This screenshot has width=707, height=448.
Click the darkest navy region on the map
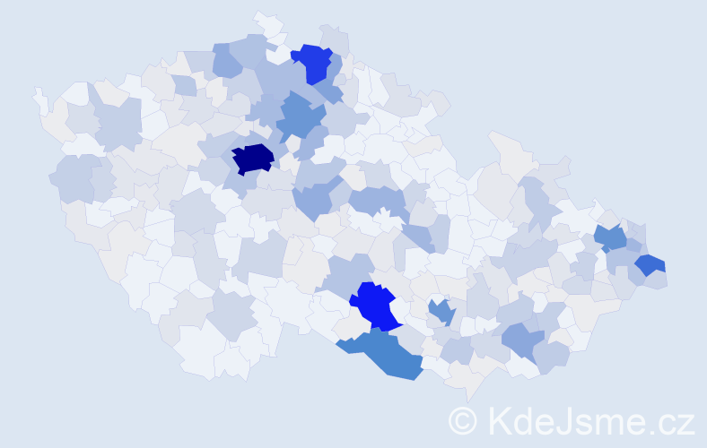[253, 159]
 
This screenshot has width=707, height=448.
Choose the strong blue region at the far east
[650, 264]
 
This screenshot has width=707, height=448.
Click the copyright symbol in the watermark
[463, 420]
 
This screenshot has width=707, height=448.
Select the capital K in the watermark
[499, 420]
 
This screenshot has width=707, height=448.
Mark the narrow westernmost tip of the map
[38, 92]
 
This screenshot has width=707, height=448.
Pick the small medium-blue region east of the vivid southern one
[441, 311]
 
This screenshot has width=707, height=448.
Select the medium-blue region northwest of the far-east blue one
[610, 237]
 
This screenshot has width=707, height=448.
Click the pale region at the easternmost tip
[660, 280]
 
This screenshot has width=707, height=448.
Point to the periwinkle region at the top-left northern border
[227, 61]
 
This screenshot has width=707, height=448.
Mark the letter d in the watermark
[523, 420]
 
